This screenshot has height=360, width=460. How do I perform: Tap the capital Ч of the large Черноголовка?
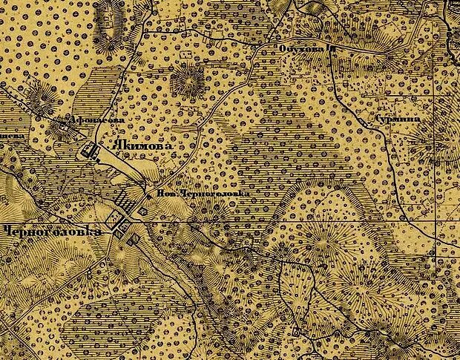pos(5,231)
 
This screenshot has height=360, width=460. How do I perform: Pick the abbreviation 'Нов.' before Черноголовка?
pos(165,195)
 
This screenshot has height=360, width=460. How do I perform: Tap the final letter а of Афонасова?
pos(117,119)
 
